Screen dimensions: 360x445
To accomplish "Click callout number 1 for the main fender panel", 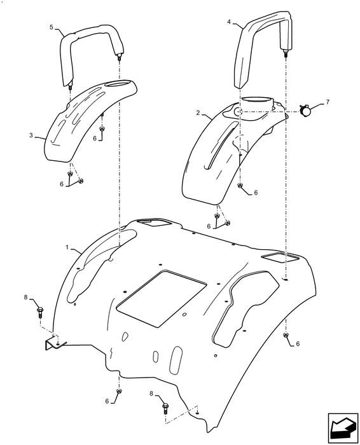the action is click(x=67, y=247).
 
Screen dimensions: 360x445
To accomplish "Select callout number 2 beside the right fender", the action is click(x=198, y=113).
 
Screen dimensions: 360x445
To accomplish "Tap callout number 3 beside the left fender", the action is click(x=31, y=135).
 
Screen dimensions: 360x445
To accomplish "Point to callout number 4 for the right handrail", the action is click(x=229, y=22).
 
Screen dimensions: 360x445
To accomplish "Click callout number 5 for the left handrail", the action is click(x=51, y=27).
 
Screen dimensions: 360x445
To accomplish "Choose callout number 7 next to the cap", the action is click(x=328, y=102).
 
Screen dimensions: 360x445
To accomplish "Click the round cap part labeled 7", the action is click(x=305, y=110).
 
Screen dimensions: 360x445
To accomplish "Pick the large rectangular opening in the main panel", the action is click(x=162, y=299).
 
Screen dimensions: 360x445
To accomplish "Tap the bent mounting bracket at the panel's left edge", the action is click(x=53, y=343).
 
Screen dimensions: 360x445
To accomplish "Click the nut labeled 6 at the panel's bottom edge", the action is click(x=119, y=391).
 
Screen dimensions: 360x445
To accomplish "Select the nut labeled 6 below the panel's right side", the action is click(x=286, y=335).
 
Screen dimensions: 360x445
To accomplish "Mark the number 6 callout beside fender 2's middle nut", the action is click(x=256, y=193).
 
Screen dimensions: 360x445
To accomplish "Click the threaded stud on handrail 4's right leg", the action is click(x=286, y=53).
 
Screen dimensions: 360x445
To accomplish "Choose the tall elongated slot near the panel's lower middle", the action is click(x=176, y=360).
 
